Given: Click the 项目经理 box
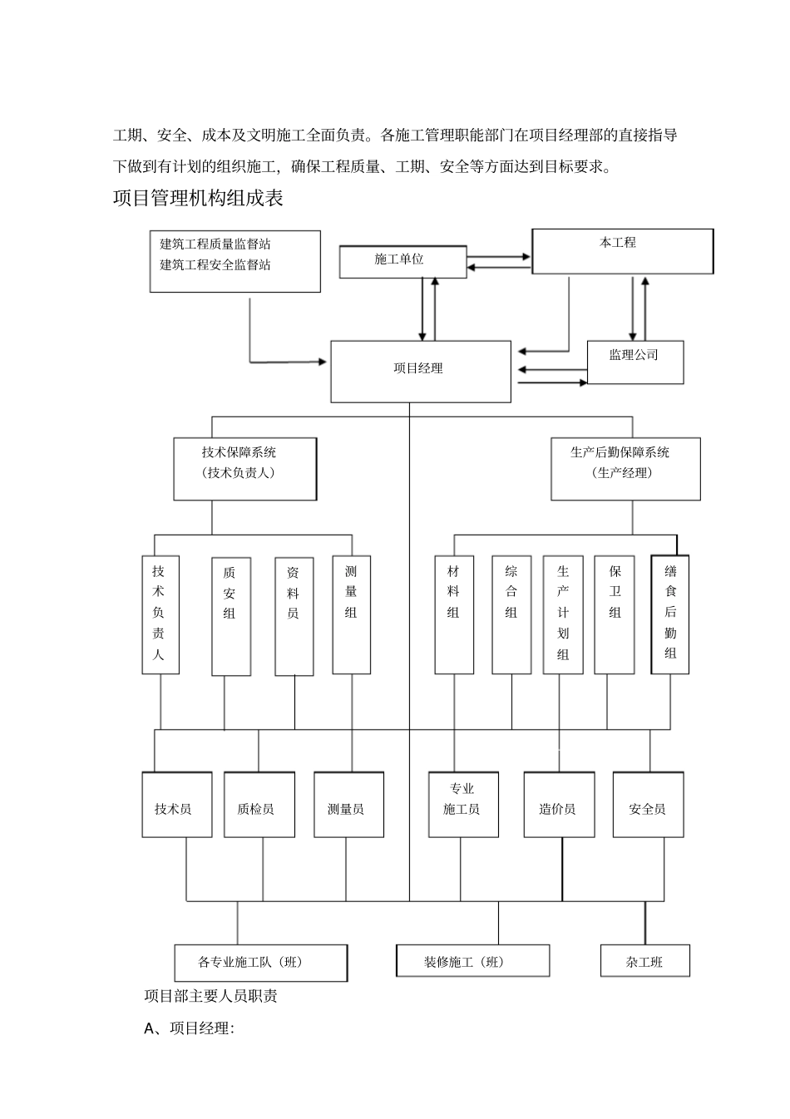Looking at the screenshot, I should [x=421, y=371].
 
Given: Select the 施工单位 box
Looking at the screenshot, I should [x=402, y=261].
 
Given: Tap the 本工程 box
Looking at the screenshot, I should [x=622, y=251].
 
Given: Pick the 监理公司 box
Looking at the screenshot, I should [x=635, y=362].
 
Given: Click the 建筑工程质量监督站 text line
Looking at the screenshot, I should [x=215, y=244].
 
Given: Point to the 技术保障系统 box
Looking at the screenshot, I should [x=244, y=469].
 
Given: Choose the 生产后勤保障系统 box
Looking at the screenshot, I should [x=625, y=469].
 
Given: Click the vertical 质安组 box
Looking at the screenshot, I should [x=230, y=615].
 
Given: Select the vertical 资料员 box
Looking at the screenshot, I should [x=294, y=615].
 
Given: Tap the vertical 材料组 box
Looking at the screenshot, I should [x=454, y=614].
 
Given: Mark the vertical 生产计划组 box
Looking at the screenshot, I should [x=563, y=614].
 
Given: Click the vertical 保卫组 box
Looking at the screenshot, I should [x=615, y=614].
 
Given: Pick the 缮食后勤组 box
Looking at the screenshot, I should [x=670, y=614].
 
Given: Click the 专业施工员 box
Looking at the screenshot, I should [x=463, y=804].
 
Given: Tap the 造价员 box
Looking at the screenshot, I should [x=559, y=804].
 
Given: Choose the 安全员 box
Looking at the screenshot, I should [x=648, y=804].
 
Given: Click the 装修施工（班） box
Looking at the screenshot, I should [x=472, y=961].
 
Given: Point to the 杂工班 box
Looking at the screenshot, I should [x=645, y=961].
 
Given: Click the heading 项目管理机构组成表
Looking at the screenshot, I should [x=198, y=199].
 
